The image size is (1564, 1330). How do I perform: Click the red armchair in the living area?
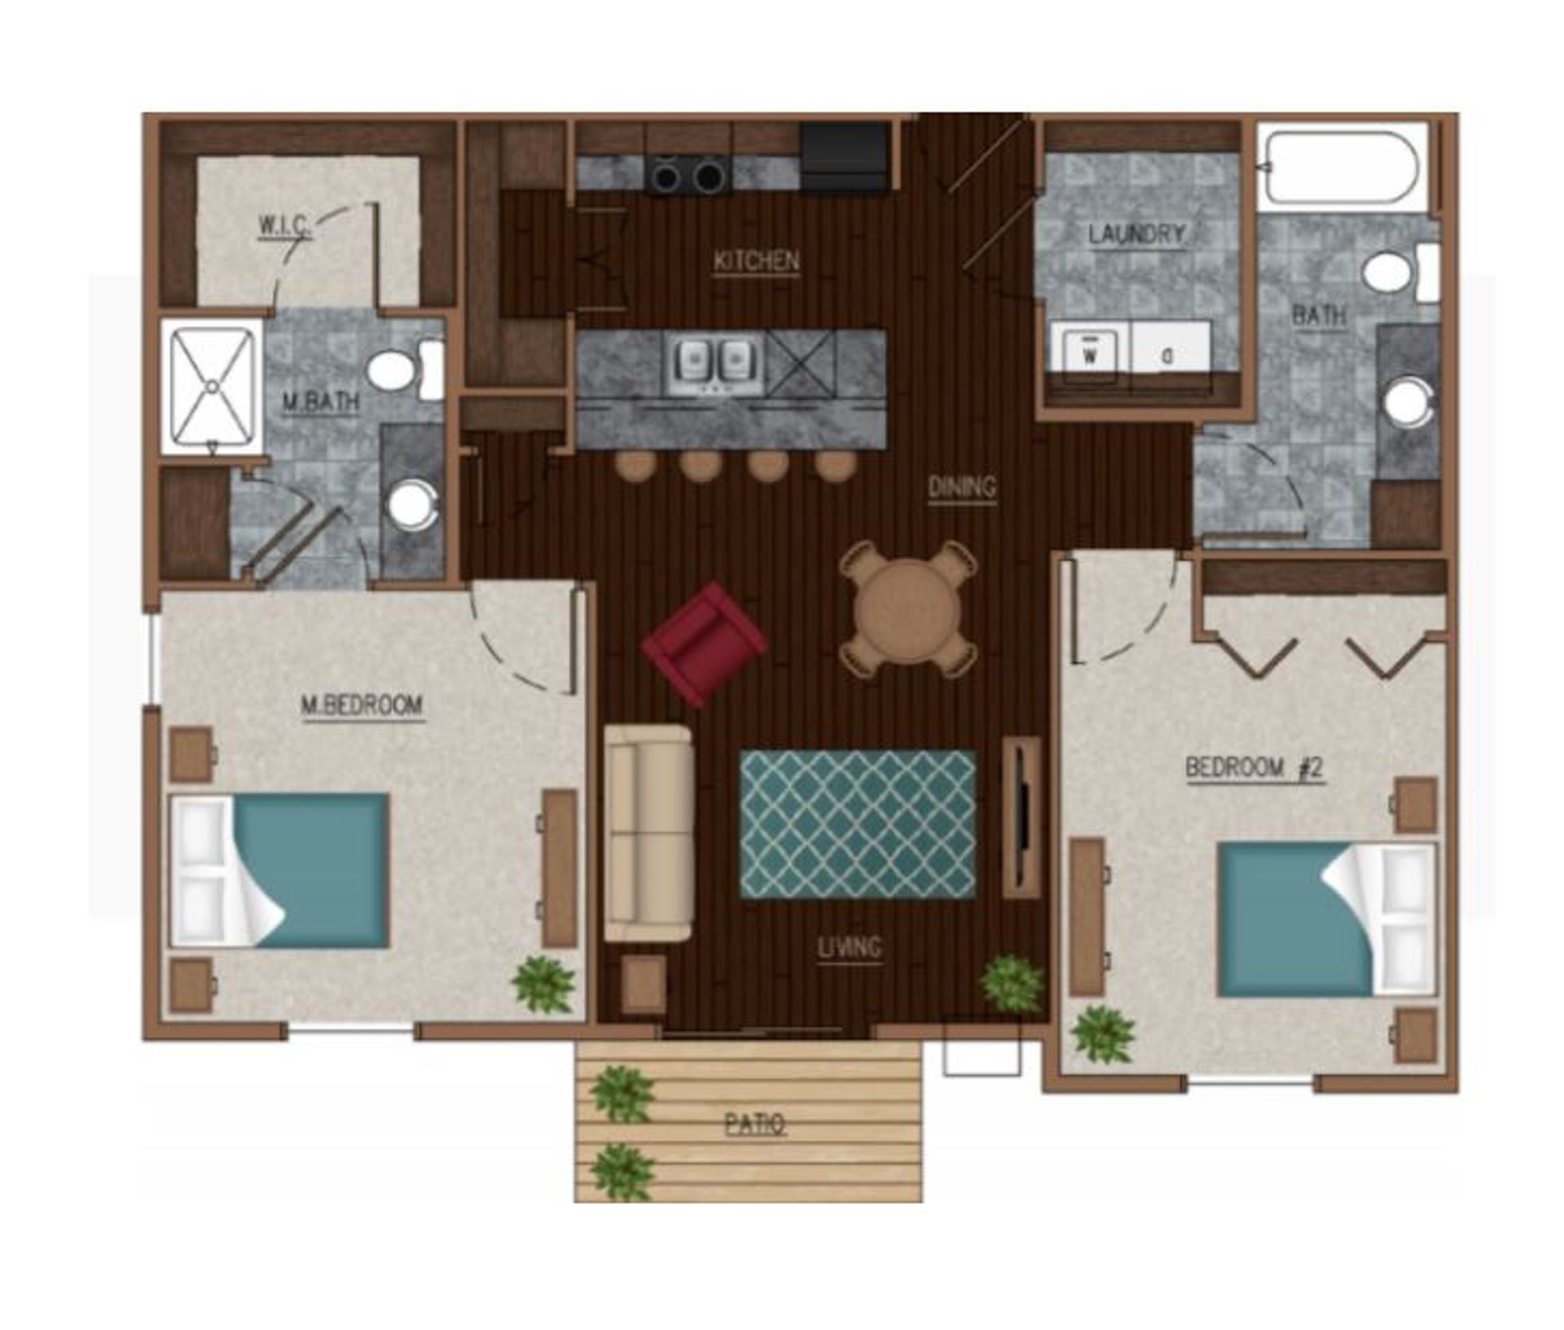(704, 643)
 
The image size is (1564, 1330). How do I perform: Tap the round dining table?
(908, 609)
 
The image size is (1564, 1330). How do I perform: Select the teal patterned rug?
(857, 824)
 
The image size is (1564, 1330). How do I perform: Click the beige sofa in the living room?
(648, 832)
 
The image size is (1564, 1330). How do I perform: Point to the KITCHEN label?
(756, 261)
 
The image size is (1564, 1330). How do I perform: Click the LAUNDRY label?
(1136, 235)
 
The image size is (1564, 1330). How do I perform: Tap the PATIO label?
(755, 1124)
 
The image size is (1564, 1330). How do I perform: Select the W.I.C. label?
(284, 225)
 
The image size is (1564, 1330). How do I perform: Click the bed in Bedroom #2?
(1325, 919)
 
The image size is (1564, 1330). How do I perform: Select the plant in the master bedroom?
(543, 984)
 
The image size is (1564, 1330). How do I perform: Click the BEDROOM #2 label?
(1254, 767)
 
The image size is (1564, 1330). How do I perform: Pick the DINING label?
(962, 487)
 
